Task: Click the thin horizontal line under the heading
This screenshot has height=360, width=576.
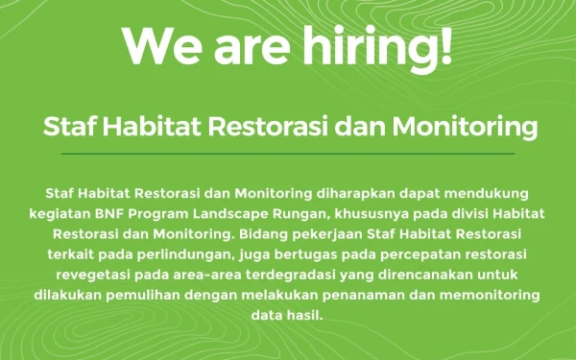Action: (288, 153)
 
